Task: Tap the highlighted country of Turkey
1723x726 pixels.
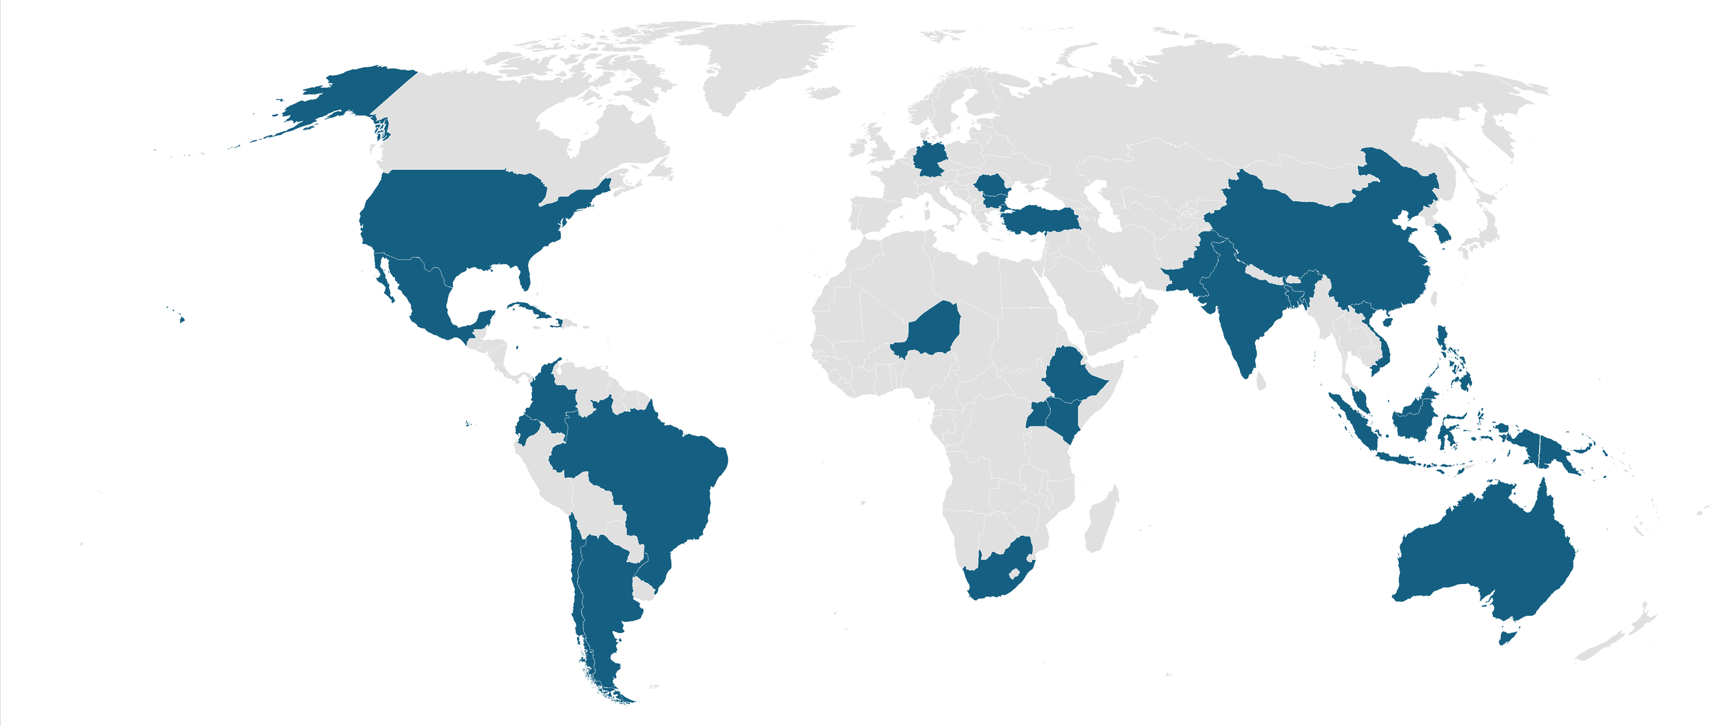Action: [x=1041, y=220]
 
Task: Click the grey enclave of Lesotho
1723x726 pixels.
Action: [x=1014, y=572]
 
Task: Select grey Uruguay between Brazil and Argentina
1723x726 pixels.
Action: [x=644, y=590]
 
